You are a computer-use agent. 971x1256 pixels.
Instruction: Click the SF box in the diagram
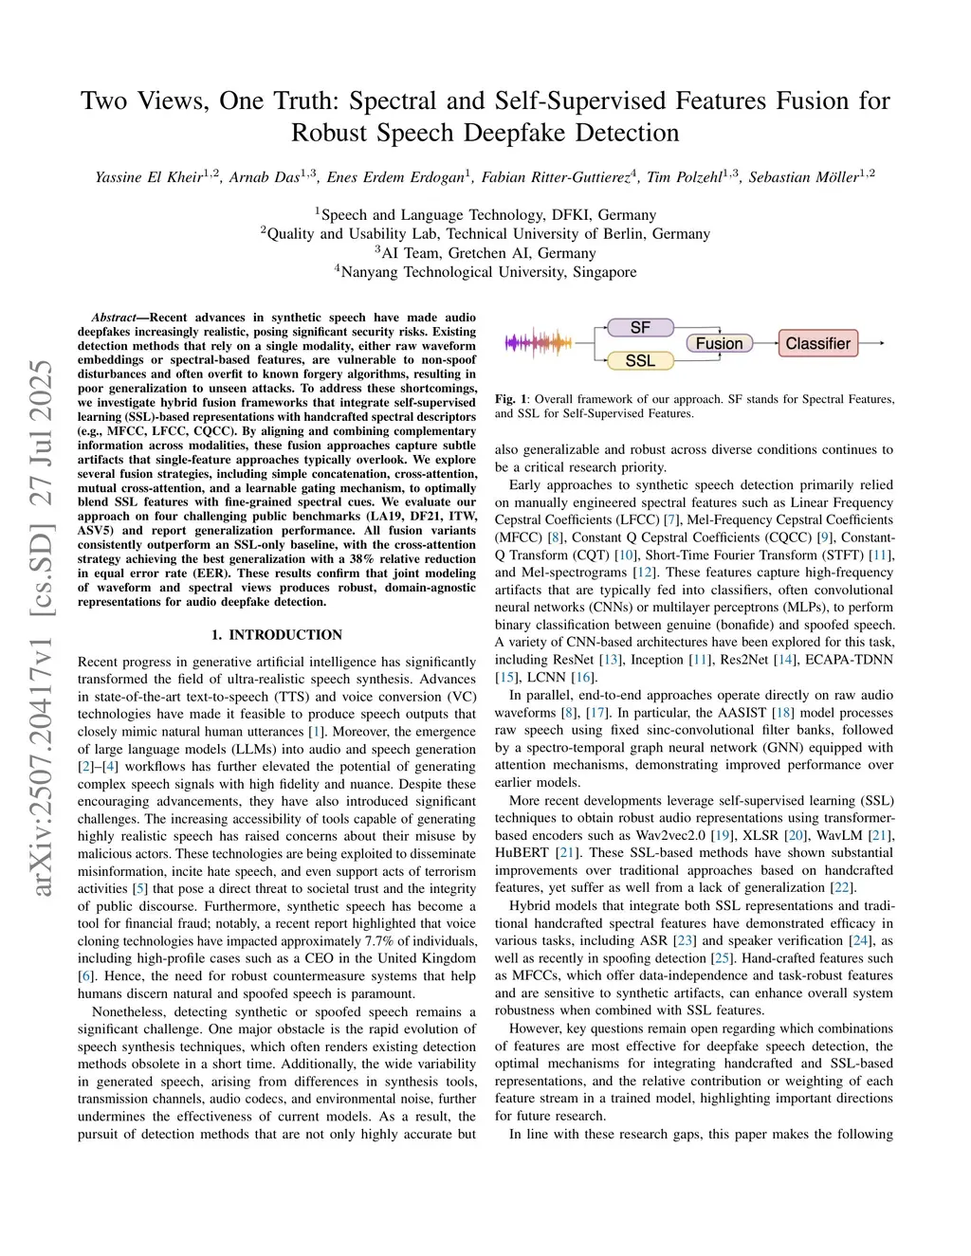pyautogui.click(x=640, y=327)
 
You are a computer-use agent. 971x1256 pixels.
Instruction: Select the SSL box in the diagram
pyautogui.click(x=640, y=360)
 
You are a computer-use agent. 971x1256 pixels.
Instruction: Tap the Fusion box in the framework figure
pyautogui.click(x=719, y=343)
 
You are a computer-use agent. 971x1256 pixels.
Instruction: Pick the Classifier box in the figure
pyautogui.click(x=817, y=343)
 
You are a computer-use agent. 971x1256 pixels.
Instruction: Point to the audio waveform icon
pyautogui.click(x=539, y=342)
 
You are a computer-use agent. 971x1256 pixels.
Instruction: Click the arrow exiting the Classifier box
pyautogui.click(x=872, y=343)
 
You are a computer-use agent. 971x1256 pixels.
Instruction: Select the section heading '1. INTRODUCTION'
pyautogui.click(x=277, y=634)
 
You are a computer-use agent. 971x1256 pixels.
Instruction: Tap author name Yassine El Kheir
pyautogui.click(x=149, y=177)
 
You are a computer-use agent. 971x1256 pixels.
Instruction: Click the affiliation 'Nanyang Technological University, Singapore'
pyautogui.click(x=488, y=272)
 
